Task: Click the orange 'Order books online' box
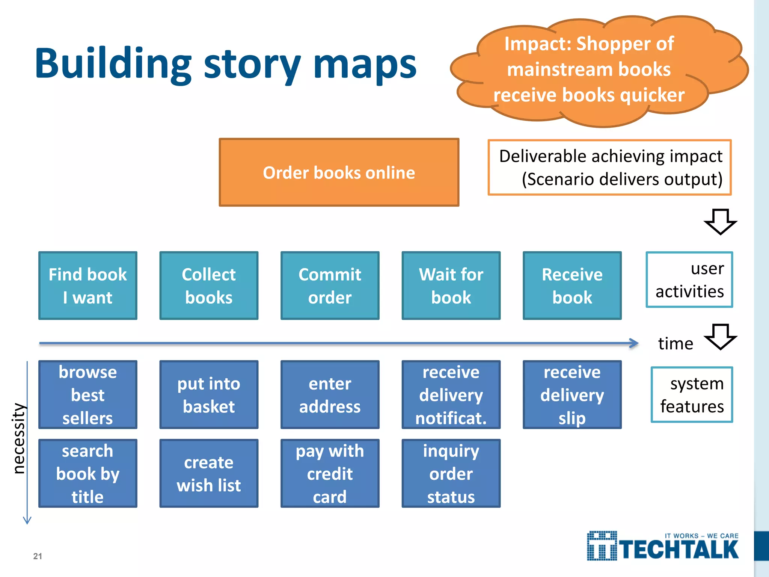point(339,172)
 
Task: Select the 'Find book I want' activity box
point(88,285)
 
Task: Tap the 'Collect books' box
point(209,285)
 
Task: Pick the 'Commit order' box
point(330,285)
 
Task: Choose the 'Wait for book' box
point(451,285)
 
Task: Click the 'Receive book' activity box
point(572,285)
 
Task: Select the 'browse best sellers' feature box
point(88,394)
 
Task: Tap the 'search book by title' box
point(88,473)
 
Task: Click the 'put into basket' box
point(209,394)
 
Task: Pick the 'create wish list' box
point(209,473)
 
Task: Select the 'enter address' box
point(330,394)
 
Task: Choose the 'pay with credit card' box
point(330,473)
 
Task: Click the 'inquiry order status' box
point(451,473)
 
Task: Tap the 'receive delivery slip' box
point(572,394)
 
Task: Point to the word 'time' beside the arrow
point(675,344)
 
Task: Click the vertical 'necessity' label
point(19,438)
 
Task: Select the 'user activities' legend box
point(689,280)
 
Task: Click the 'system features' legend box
point(692,395)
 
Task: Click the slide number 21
point(38,556)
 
